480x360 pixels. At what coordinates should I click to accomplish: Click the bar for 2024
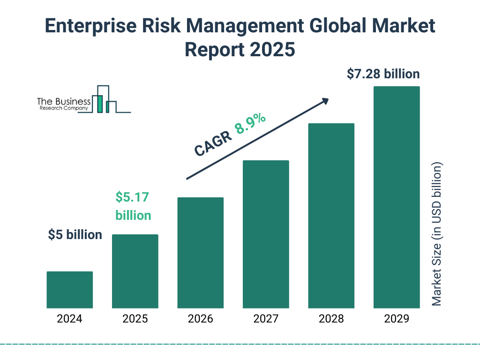69,290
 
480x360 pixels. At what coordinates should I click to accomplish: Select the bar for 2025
135,271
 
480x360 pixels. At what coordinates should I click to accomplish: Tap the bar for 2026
200,253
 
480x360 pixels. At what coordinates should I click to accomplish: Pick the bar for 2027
266,234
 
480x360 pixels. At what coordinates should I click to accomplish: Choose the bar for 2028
331,216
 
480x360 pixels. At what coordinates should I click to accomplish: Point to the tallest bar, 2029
397,197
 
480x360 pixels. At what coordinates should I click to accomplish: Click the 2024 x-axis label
69,319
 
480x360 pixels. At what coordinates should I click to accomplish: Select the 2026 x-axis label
200,319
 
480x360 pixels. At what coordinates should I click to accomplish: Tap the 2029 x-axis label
397,319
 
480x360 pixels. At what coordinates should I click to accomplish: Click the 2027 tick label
266,319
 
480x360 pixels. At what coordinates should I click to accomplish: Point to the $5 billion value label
75,235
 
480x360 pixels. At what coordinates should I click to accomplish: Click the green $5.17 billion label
133,206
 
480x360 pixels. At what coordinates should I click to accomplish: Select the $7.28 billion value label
383,74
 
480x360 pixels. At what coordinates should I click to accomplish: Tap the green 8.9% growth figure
250,124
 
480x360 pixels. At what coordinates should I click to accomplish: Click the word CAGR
213,143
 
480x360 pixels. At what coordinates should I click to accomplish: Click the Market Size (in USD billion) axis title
437,234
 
